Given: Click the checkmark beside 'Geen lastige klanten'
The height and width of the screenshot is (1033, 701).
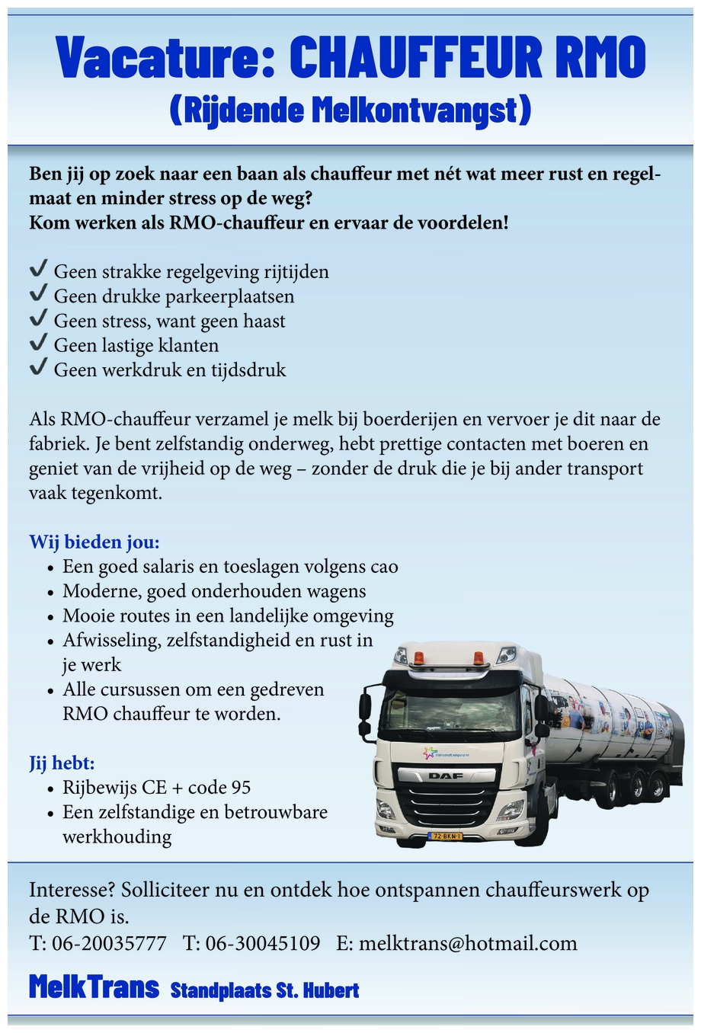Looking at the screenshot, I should point(38,344).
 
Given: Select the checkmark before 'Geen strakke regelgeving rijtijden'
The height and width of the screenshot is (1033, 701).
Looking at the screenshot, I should point(38,270).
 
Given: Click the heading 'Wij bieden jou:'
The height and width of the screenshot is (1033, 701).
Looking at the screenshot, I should point(94,542).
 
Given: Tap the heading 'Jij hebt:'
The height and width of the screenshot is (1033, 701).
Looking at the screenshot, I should point(62,763).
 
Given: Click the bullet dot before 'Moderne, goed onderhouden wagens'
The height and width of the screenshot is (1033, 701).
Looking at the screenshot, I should point(50,593).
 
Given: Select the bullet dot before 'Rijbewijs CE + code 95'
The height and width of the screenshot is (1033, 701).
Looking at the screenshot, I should point(50,789).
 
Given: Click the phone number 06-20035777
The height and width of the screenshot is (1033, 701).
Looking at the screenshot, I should point(109,943).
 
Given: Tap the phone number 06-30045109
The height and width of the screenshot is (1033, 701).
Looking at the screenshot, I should point(263,943).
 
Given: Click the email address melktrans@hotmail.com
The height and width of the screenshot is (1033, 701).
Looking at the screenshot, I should point(468,943).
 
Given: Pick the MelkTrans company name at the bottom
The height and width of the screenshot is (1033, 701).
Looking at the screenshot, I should point(94,987).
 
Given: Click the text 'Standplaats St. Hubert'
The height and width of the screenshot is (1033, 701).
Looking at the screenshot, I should point(264,990).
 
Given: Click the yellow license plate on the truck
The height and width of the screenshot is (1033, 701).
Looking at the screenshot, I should point(447,836).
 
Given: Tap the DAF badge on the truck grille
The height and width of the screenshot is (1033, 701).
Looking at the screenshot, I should point(446,776).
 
